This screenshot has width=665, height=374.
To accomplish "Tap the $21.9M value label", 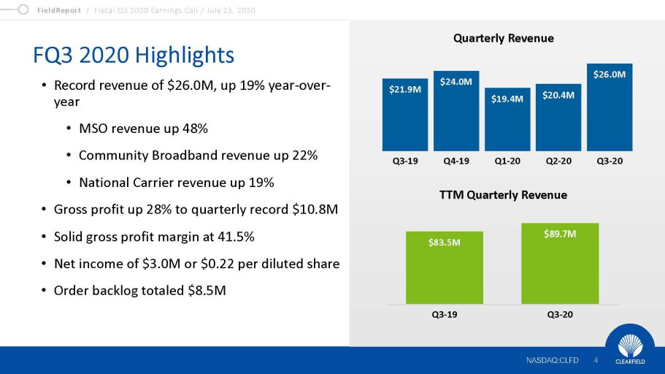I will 404,90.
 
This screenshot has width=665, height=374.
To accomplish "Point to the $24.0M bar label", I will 455,82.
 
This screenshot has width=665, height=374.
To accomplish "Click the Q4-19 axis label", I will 455,161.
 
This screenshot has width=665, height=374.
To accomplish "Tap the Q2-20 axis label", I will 558,161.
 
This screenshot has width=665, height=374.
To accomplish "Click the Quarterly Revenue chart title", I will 504,38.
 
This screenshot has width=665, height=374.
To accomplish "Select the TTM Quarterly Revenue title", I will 504,195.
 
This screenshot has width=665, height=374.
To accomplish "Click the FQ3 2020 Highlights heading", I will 134,55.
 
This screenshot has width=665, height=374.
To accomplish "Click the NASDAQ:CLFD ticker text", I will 552,360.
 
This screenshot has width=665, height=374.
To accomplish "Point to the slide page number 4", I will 596,360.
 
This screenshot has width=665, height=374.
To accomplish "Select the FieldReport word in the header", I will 58,9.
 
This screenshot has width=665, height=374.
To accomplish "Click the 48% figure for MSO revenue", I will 193,129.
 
